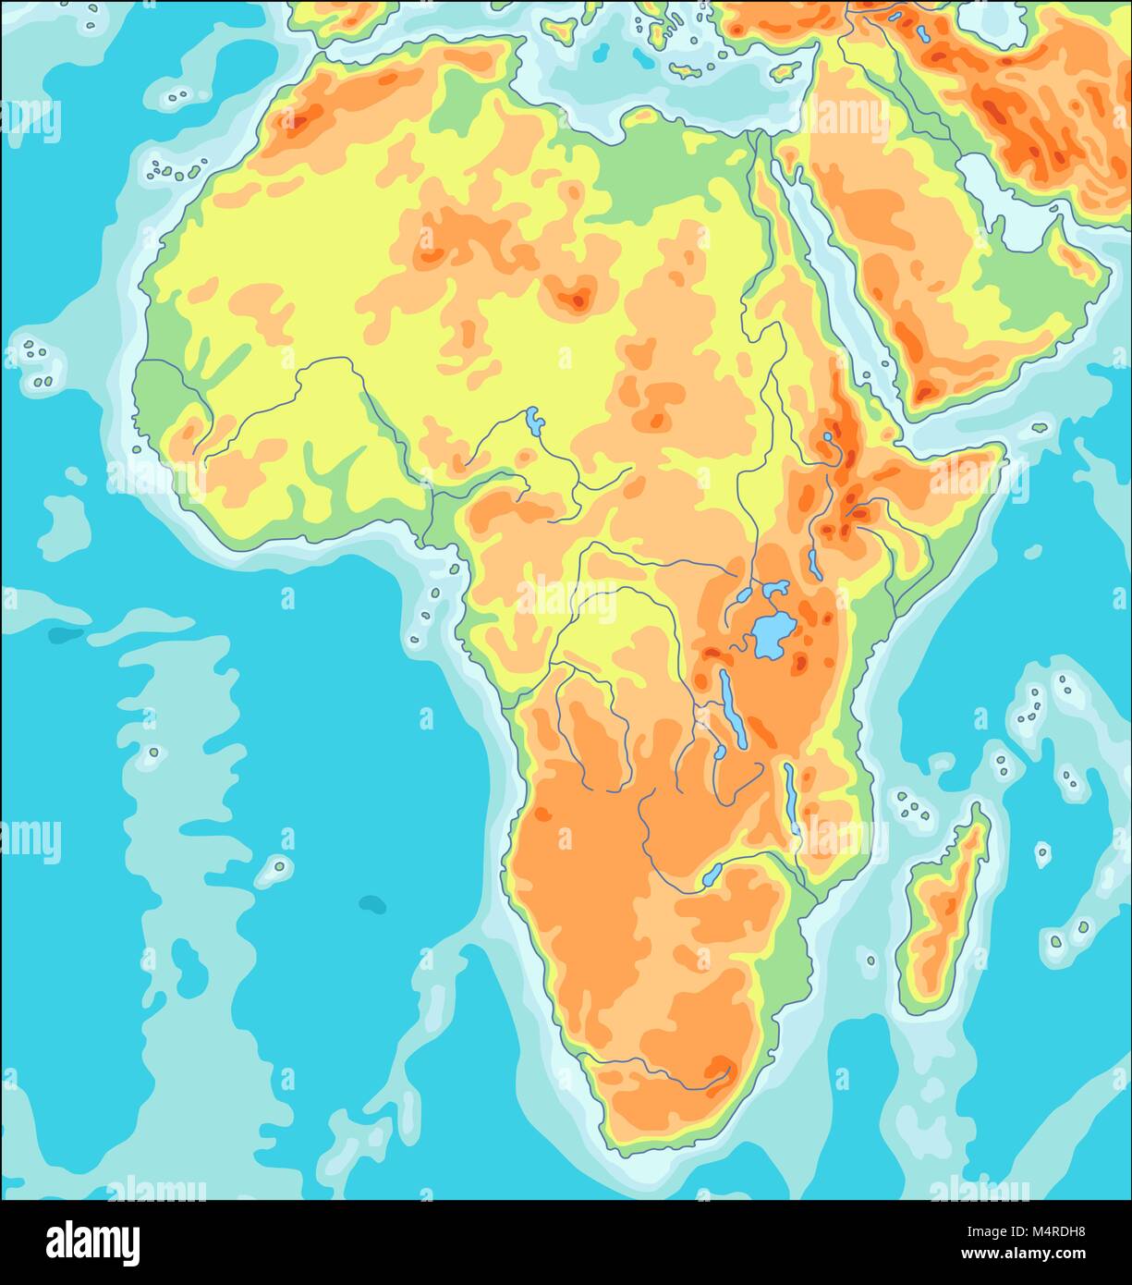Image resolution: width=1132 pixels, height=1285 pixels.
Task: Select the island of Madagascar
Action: [943, 906]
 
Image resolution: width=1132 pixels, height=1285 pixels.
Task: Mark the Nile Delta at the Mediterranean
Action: [754, 139]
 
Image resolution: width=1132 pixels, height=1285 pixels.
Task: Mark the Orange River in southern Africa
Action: [647, 1072]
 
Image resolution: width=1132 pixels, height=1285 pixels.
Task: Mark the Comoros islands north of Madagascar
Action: [911, 806]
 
